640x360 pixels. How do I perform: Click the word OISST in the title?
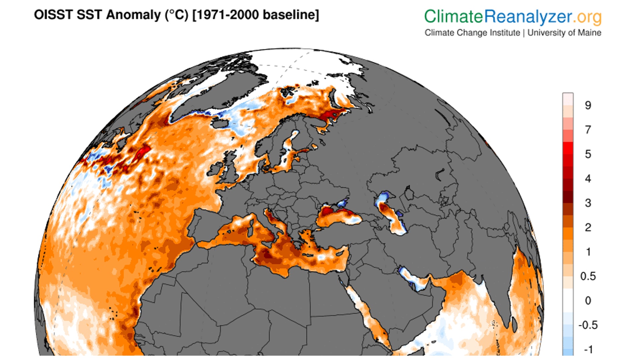(x=53, y=15)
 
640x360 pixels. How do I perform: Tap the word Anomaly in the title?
(x=133, y=15)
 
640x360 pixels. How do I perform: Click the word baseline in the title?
(x=289, y=15)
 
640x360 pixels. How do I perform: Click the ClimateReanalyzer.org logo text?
(x=513, y=17)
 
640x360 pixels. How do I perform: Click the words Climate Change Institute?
(x=472, y=33)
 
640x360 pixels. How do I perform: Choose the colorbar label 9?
(x=588, y=105)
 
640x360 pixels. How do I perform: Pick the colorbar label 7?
(x=588, y=130)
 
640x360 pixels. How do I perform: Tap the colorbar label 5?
(x=588, y=154)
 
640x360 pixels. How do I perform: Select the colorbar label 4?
(x=588, y=178)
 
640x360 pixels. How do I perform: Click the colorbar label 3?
(x=588, y=203)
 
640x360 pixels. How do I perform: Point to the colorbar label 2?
(x=588, y=228)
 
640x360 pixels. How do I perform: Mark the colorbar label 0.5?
(x=588, y=276)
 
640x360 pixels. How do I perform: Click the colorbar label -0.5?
(x=588, y=325)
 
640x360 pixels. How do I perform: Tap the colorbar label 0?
(x=588, y=301)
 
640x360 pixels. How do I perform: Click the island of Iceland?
(x=220, y=124)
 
